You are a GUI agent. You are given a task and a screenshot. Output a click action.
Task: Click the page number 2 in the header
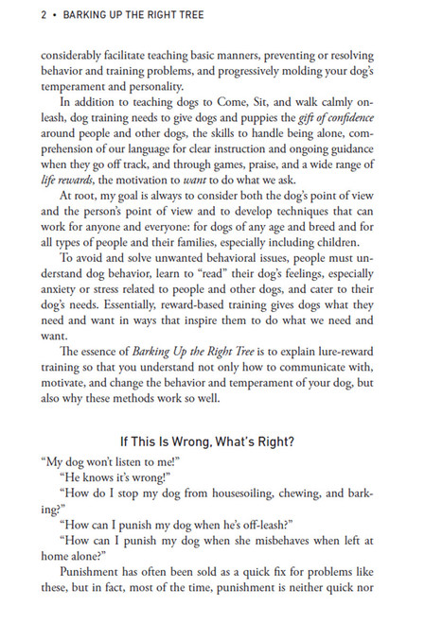coord(18,15)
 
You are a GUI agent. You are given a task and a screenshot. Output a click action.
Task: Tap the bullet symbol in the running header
coord(30,15)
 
